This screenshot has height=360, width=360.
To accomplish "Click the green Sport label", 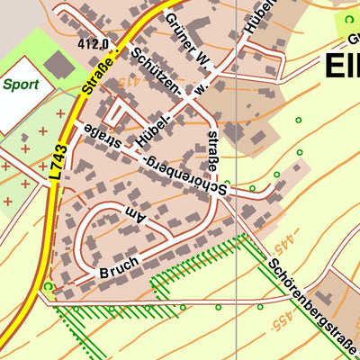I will pyautogui.click(x=20, y=85).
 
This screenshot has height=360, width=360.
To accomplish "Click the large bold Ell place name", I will pyautogui.click(x=340, y=66).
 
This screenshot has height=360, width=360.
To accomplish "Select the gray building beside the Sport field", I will pyautogui.click(x=60, y=64).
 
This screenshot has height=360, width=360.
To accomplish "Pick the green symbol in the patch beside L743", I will pyautogui.click(x=48, y=287).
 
